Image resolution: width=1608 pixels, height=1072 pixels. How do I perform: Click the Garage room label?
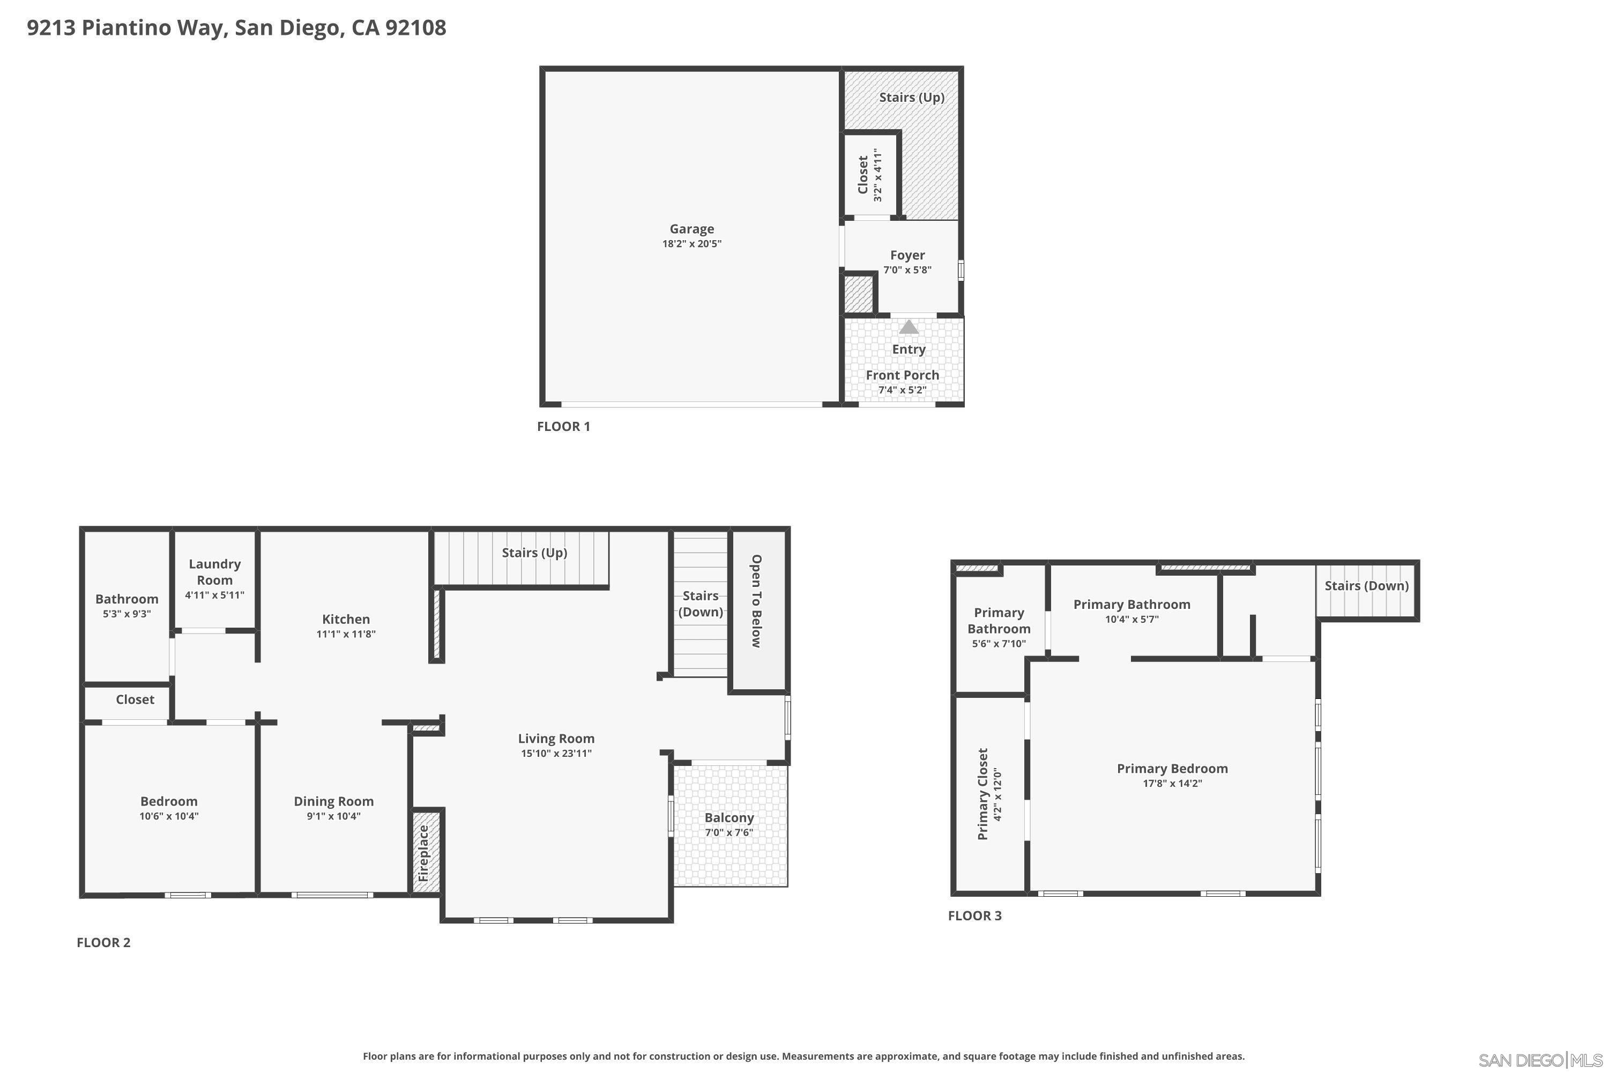[x=691, y=229]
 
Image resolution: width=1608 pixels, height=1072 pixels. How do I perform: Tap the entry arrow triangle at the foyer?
[x=908, y=327]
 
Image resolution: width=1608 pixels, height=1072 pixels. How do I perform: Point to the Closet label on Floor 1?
[x=863, y=175]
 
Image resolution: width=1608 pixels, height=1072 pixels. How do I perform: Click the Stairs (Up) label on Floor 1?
[x=911, y=98]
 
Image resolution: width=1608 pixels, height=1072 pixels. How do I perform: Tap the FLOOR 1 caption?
[x=563, y=427]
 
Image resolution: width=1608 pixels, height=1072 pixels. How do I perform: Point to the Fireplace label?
[x=423, y=853]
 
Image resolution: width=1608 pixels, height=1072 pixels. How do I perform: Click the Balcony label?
[x=729, y=818]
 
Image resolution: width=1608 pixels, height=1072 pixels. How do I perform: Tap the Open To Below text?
[x=756, y=601]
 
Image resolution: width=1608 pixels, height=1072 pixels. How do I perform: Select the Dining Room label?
[x=333, y=801]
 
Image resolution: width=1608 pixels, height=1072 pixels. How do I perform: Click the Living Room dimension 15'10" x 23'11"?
[x=556, y=754]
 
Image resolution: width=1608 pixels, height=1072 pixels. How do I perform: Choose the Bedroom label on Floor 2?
[x=169, y=801]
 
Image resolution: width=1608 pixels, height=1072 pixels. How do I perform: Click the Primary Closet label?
[x=982, y=794]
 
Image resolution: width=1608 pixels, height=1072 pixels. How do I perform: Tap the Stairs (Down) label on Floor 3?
[x=1366, y=586]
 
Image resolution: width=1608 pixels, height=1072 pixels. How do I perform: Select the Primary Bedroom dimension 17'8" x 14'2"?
[x=1172, y=784]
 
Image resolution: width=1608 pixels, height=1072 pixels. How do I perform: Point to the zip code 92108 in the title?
[x=416, y=28]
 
